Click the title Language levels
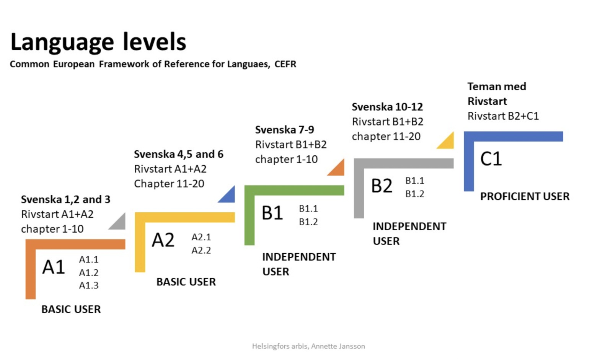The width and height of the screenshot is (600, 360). (98, 42)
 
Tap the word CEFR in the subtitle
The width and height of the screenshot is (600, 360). (285, 64)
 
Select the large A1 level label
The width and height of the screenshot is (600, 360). (54, 267)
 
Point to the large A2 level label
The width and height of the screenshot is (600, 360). (163, 240)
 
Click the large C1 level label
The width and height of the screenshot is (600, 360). (491, 159)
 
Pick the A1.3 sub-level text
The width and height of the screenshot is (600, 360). (89, 285)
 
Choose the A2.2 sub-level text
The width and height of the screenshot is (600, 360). (201, 250)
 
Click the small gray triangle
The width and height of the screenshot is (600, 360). (119, 223)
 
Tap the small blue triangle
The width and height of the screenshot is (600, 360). (229, 196)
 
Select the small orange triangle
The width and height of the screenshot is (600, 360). (338, 169)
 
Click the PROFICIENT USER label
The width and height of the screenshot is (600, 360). (525, 196)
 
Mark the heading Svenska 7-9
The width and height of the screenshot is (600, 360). (285, 130)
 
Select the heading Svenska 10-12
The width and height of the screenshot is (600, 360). (387, 107)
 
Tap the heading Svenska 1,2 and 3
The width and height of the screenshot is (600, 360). (65, 199)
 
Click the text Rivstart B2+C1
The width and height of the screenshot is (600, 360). (503, 116)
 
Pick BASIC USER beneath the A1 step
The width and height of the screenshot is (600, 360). (71, 309)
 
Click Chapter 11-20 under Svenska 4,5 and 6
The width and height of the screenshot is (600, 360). (169, 184)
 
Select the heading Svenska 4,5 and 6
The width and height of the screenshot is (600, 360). (178, 154)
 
